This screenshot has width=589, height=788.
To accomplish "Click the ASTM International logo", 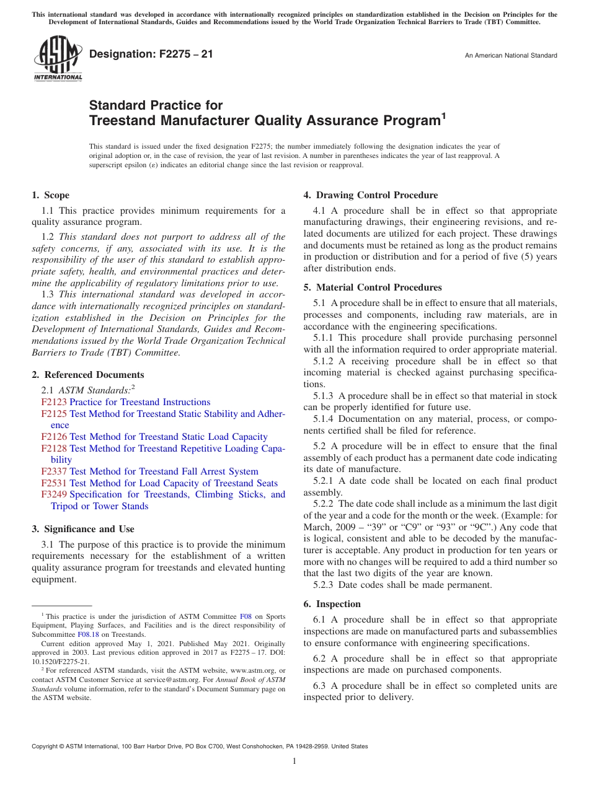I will (58, 59).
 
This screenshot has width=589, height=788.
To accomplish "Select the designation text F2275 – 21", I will (151, 55).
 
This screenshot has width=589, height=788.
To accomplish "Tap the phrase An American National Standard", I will (511, 56).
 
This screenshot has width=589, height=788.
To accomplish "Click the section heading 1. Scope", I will (51, 195).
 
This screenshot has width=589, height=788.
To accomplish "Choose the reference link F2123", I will (54, 402).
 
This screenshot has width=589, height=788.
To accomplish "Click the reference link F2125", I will (54, 414).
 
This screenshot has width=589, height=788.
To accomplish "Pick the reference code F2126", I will (54, 437).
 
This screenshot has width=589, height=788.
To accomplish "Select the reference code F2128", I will (54, 449).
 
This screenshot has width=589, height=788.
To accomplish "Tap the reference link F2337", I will (54, 471).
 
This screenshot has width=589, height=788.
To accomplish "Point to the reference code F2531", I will (54, 483).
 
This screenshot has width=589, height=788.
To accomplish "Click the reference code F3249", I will (54, 494).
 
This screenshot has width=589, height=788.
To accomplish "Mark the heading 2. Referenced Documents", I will (88, 375).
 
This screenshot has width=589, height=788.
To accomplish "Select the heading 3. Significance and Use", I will (83, 529).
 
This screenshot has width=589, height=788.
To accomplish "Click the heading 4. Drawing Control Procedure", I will (371, 195).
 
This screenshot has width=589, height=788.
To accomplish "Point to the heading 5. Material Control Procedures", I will (373, 287).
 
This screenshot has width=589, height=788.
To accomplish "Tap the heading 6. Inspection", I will (332, 604).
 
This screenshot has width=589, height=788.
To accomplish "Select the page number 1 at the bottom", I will (294, 761).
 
